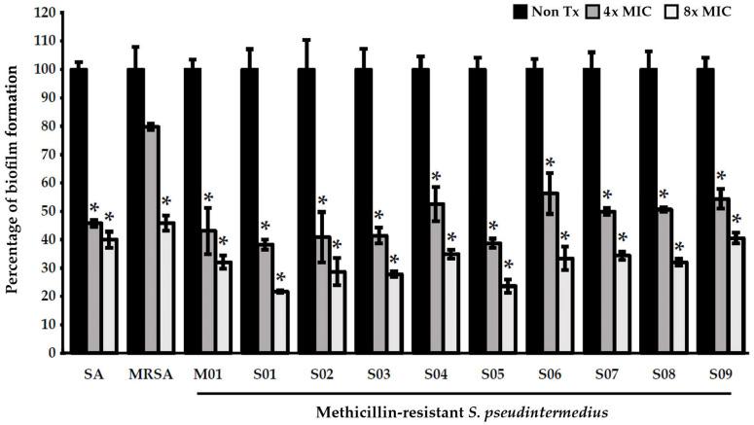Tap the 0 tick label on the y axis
pos(50,352)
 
